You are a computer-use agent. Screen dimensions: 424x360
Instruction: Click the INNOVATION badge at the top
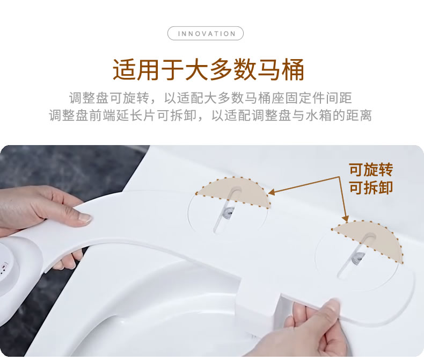(206, 33)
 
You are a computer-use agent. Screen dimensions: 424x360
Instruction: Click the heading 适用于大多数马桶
(208, 69)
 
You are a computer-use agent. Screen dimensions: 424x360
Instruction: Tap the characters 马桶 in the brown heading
(281, 69)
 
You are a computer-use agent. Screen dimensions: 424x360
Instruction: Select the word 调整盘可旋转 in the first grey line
(109, 98)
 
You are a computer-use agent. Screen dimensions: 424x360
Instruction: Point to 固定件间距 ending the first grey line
(319, 98)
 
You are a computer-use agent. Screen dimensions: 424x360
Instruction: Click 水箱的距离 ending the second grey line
(339, 116)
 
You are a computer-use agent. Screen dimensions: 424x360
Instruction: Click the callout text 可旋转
(371, 170)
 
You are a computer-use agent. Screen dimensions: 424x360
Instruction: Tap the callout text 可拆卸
(371, 188)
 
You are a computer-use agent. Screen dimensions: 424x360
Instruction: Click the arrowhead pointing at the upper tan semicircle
(272, 192)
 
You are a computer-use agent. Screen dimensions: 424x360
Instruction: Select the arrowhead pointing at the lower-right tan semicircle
(345, 218)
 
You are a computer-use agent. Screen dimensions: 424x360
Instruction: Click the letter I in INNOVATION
(179, 34)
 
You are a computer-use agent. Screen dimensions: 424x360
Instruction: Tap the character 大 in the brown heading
(196, 69)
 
